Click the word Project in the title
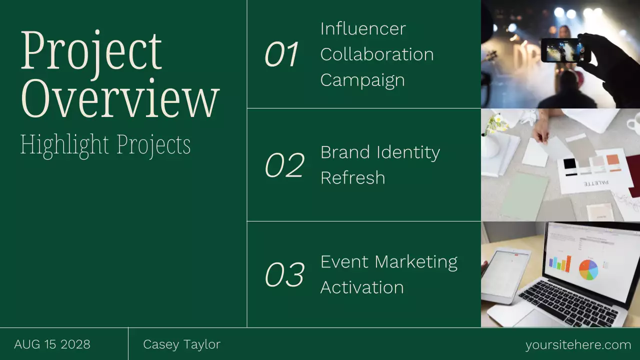point(91,51)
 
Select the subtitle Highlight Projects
point(105,144)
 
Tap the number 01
point(281,54)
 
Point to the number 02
point(284,165)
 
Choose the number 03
point(284,275)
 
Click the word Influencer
point(363,28)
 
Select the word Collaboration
point(377,54)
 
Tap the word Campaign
point(362,80)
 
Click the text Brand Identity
point(380,152)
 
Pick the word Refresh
point(352,178)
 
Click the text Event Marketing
point(388,262)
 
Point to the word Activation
point(362,287)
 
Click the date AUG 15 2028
point(52,344)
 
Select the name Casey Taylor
point(181,344)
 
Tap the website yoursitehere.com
point(578,345)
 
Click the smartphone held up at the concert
point(562,50)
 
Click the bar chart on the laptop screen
point(559,264)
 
